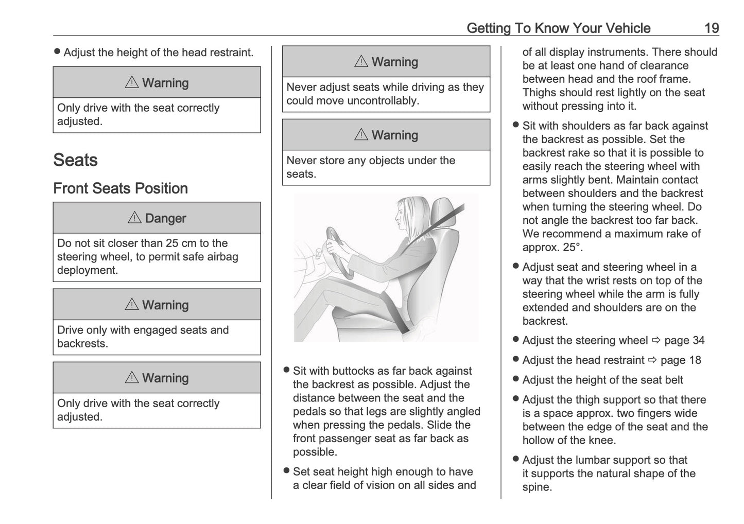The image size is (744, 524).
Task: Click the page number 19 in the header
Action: [x=711, y=28]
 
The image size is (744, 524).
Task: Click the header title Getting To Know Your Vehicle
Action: [x=558, y=28]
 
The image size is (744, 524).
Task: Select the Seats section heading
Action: [x=75, y=160]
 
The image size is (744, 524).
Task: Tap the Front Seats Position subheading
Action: [x=120, y=188]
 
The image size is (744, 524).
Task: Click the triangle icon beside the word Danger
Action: [x=134, y=218]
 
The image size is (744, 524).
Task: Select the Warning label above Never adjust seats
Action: [x=394, y=62]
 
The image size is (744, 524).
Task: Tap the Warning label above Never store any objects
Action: [x=394, y=135]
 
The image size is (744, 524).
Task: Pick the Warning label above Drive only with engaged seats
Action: [x=165, y=305]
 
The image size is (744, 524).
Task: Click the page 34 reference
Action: [x=684, y=340]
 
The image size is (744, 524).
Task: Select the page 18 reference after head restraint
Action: [x=681, y=360]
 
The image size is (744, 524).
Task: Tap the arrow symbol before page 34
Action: [x=655, y=340]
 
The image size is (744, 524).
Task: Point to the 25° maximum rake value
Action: [x=572, y=247]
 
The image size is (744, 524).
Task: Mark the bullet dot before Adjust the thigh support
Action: [x=515, y=399]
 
